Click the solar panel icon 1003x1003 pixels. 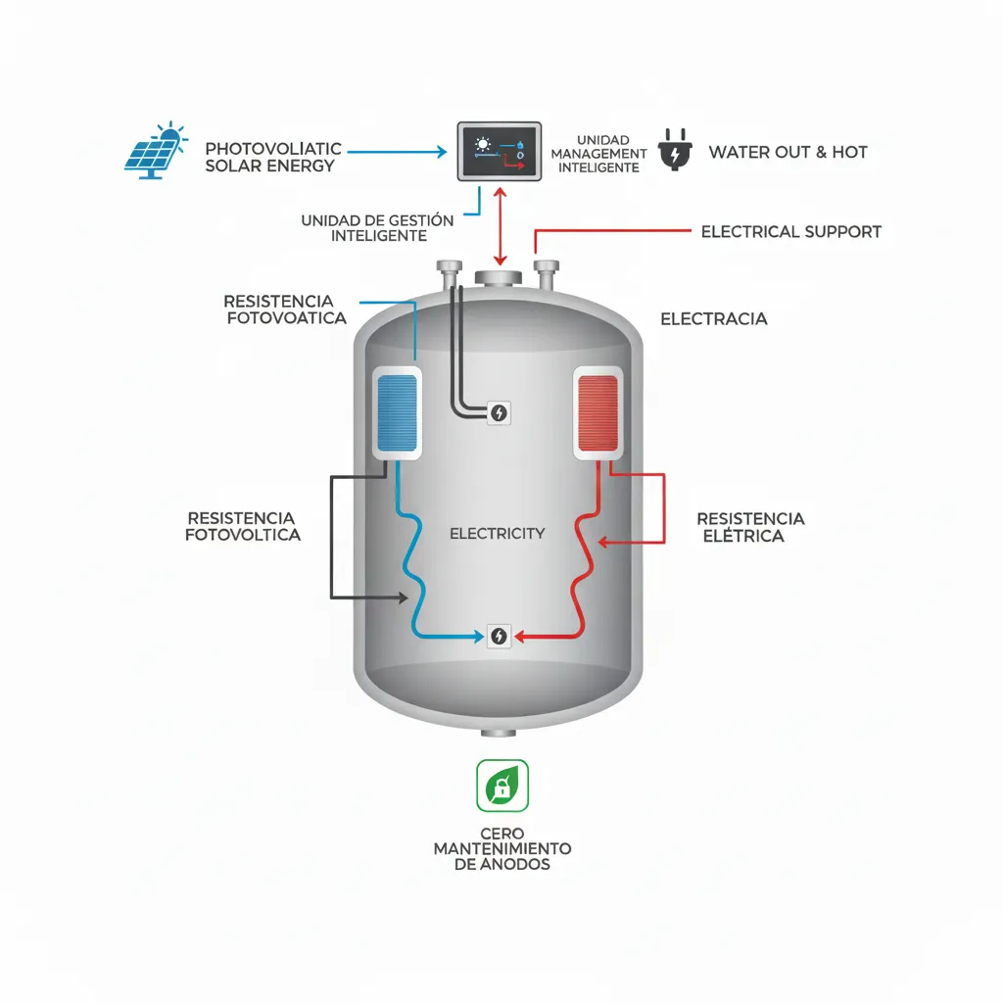click(155, 152)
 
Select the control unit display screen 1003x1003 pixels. click(500, 150)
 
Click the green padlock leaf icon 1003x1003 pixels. click(501, 786)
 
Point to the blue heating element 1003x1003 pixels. click(399, 412)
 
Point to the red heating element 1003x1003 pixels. click(598, 412)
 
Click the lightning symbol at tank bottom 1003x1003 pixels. click(500, 636)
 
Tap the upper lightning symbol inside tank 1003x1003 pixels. click(500, 413)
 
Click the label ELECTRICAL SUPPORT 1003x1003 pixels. click(790, 232)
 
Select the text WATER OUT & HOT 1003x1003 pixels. click(788, 152)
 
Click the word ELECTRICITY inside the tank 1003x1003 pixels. click(497, 534)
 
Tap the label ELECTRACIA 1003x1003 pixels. click(713, 319)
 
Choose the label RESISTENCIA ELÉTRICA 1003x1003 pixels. click(750, 527)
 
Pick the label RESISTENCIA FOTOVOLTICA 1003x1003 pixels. click(242, 526)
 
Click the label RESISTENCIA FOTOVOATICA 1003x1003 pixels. click(285, 310)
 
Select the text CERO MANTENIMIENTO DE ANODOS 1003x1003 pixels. click(501, 848)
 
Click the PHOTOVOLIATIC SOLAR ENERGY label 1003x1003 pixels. click(272, 157)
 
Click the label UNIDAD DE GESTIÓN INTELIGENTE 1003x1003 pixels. click(377, 228)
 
